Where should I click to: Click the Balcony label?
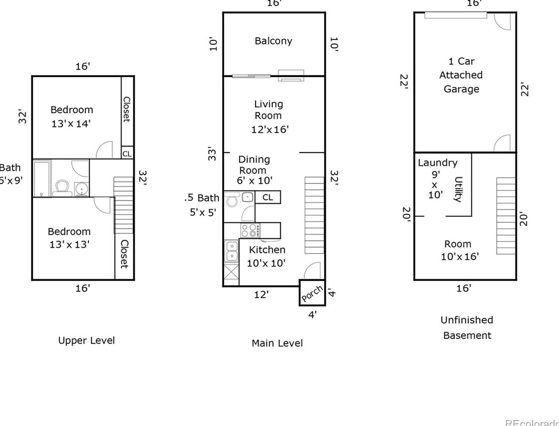(273, 41)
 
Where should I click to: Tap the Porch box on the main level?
(312, 293)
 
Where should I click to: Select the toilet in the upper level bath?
(63, 188)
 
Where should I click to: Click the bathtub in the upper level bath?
(42, 178)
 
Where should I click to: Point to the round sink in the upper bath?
(81, 188)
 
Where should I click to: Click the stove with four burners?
(250, 230)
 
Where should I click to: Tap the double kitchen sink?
(231, 251)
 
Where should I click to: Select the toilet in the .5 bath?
(232, 199)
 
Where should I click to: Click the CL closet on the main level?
(268, 197)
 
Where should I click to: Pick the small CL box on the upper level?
(127, 153)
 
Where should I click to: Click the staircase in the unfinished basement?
(506, 216)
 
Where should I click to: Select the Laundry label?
(438, 163)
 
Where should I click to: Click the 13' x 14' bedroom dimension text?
(71, 124)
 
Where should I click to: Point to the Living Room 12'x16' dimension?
(270, 130)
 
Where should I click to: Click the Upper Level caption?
(86, 340)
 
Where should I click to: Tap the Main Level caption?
(277, 343)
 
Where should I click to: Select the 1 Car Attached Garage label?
(461, 75)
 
